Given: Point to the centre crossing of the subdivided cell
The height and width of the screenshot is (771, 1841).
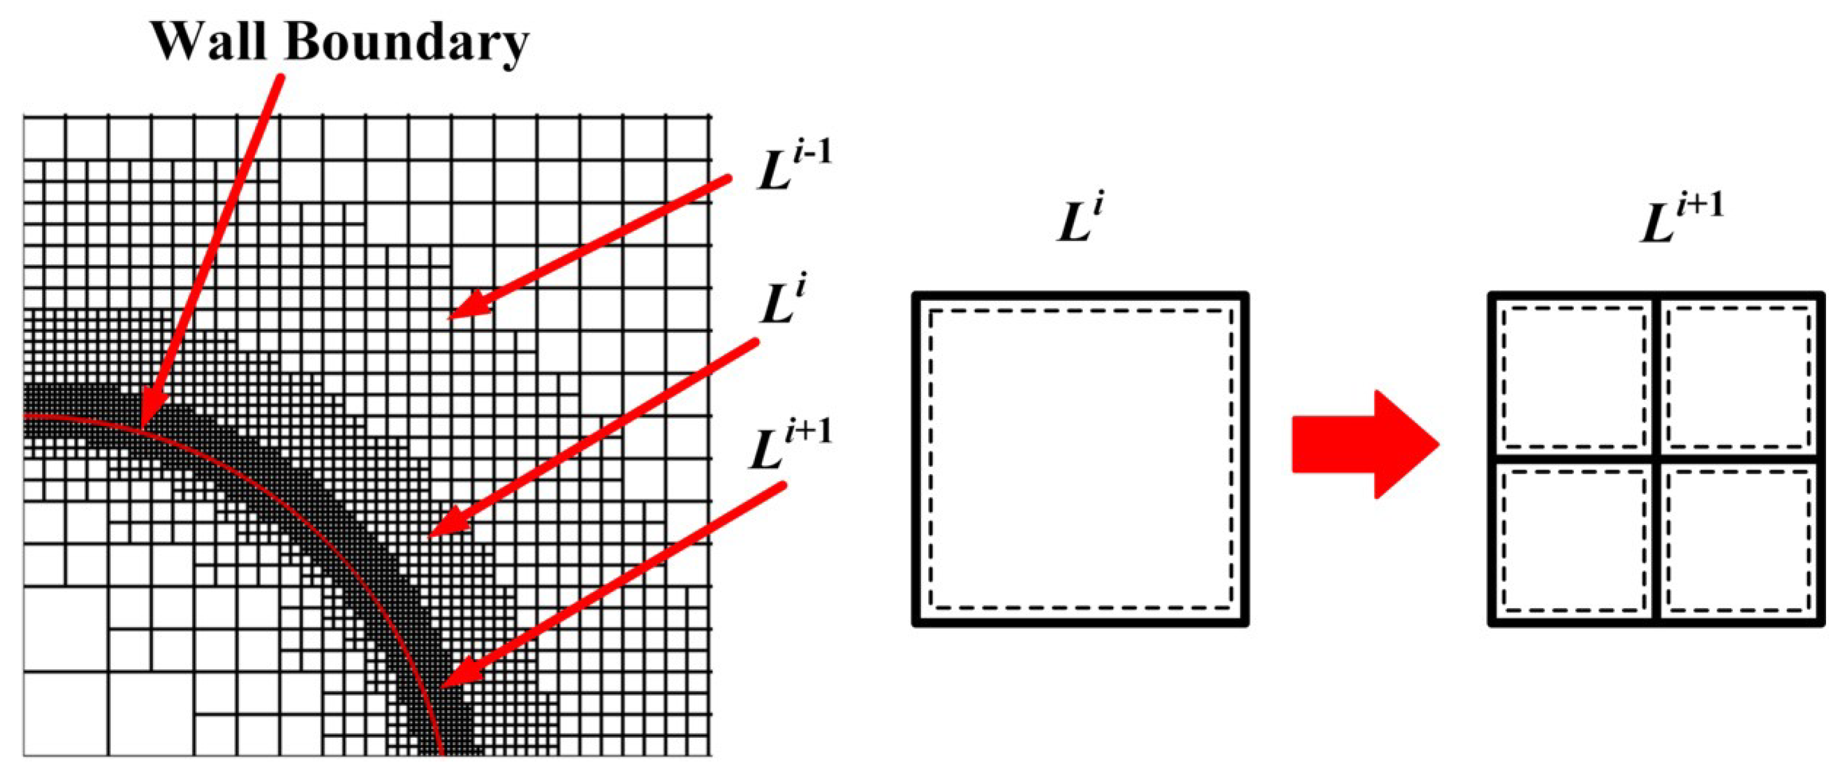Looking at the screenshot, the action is tap(1656, 458).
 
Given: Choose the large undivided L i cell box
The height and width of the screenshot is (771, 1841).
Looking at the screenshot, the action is tap(1080, 458).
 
